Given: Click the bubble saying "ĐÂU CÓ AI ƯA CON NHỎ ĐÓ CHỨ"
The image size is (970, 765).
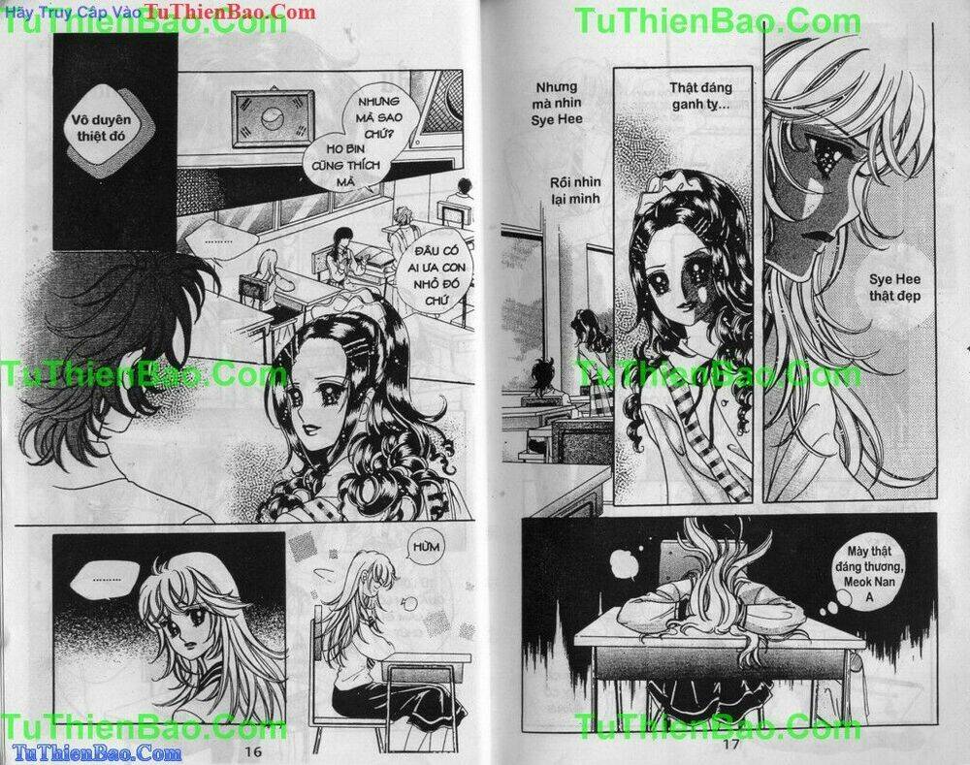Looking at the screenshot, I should pos(428,277).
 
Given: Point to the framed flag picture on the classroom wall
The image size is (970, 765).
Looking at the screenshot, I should pos(272,121).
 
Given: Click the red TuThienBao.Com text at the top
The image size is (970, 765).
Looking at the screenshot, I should pos(230,12).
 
